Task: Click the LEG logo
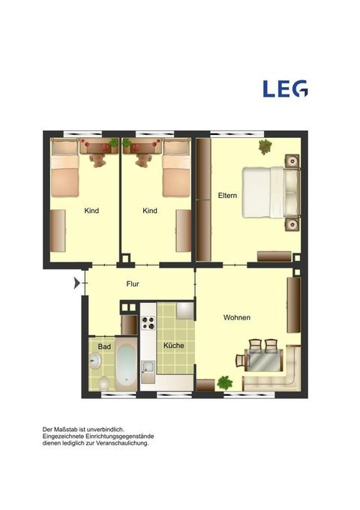coord(285,88)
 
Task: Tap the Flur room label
coord(133,284)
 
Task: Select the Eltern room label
coord(227,196)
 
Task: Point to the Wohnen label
coord(237,317)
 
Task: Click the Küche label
coord(174,346)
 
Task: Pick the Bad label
coord(104,346)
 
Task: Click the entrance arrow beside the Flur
coord(76,283)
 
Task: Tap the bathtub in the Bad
coord(126,364)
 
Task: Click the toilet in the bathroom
coord(104,383)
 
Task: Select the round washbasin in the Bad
coord(95,361)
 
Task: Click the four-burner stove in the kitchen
coord(148,323)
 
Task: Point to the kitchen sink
coord(148,367)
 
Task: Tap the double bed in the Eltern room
coord(271,192)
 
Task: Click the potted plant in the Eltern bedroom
coord(265,146)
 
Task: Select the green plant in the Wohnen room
coord(225,382)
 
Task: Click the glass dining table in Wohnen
coord(264,360)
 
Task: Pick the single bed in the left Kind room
coord(65,169)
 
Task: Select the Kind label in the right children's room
coord(150,211)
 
